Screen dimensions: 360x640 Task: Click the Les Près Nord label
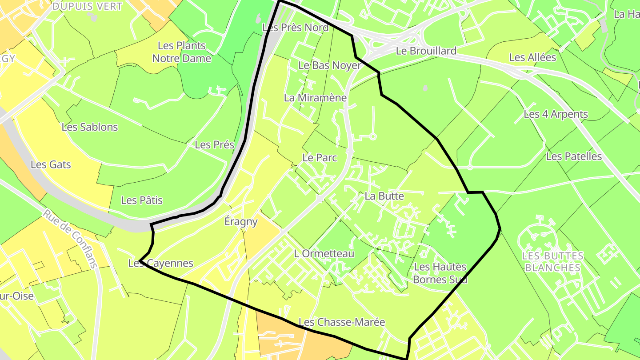click(x=296, y=28)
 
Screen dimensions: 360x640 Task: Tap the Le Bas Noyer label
click(x=329, y=65)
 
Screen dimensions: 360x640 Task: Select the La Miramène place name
click(x=315, y=98)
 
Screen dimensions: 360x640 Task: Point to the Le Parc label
click(x=320, y=157)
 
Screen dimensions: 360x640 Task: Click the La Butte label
click(x=384, y=196)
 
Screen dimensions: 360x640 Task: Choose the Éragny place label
click(x=241, y=221)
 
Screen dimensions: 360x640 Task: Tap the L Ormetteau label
click(x=324, y=254)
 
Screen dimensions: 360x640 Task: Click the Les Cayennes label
click(x=161, y=263)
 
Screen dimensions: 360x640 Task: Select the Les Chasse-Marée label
click(x=342, y=322)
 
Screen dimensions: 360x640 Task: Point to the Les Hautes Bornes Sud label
click(x=440, y=273)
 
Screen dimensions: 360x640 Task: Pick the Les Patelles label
click(x=574, y=156)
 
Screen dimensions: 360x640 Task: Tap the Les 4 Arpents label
click(x=556, y=114)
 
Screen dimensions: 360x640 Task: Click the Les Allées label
click(x=532, y=57)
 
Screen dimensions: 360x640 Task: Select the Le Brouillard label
click(x=426, y=51)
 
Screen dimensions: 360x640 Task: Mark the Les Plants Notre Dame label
click(x=181, y=52)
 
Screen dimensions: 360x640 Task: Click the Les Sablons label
click(x=90, y=127)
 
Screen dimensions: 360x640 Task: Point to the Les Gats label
click(x=51, y=164)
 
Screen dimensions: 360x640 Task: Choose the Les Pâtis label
click(x=142, y=200)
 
